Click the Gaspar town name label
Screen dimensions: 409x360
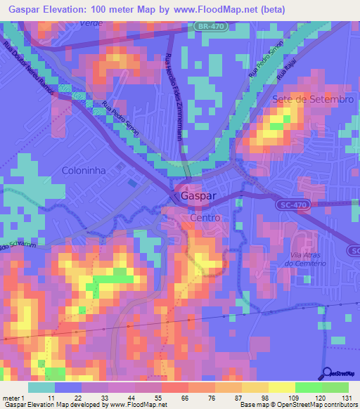[x=198, y=197]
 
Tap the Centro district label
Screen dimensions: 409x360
[x=205, y=218]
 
